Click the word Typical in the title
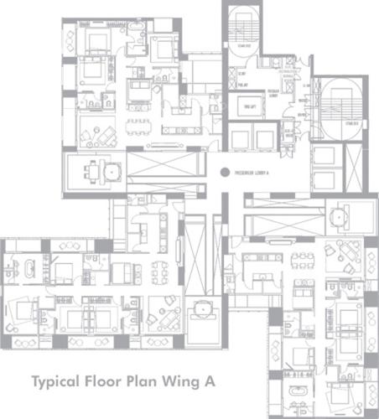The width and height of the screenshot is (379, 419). [60, 380]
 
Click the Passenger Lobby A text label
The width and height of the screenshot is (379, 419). [251, 173]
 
